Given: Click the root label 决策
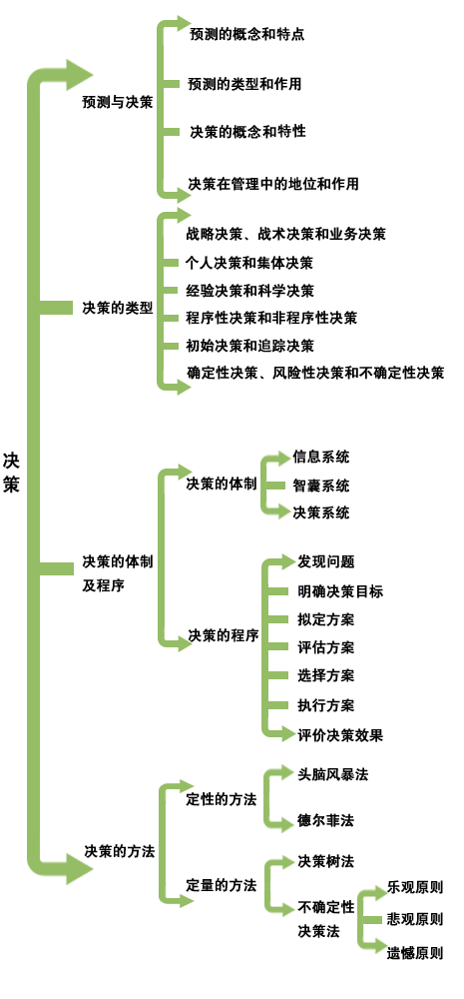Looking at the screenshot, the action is coord(11,473).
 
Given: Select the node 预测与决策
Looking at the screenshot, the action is coord(118,103).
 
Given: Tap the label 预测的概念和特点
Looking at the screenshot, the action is coord(246,34).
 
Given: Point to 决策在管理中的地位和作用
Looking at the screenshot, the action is coord(273,184).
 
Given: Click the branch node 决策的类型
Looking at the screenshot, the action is coord(118,309).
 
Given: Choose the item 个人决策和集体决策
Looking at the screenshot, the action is coord(249,263).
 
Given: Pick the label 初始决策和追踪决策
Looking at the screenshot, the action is coord(249,346).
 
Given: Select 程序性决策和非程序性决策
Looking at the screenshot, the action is coord(271,318).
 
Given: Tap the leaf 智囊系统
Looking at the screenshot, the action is coord(320,487).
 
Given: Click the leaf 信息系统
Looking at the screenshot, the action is coord(320,457).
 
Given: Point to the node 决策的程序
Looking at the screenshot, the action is coord(223,635).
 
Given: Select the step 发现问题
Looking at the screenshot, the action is coord(326,561).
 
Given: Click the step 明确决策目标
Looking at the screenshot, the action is coord(340,591).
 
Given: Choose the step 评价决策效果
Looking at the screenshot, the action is coord(340,735).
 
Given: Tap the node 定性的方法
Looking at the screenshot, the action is coord(221,799).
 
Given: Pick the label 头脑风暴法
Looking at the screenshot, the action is coord(333,774).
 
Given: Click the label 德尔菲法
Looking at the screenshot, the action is coord(325,820).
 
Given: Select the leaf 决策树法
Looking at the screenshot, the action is coord(325,861).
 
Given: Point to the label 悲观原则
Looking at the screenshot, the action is coord(415,919).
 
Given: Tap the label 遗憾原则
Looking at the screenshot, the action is coord(415,954).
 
